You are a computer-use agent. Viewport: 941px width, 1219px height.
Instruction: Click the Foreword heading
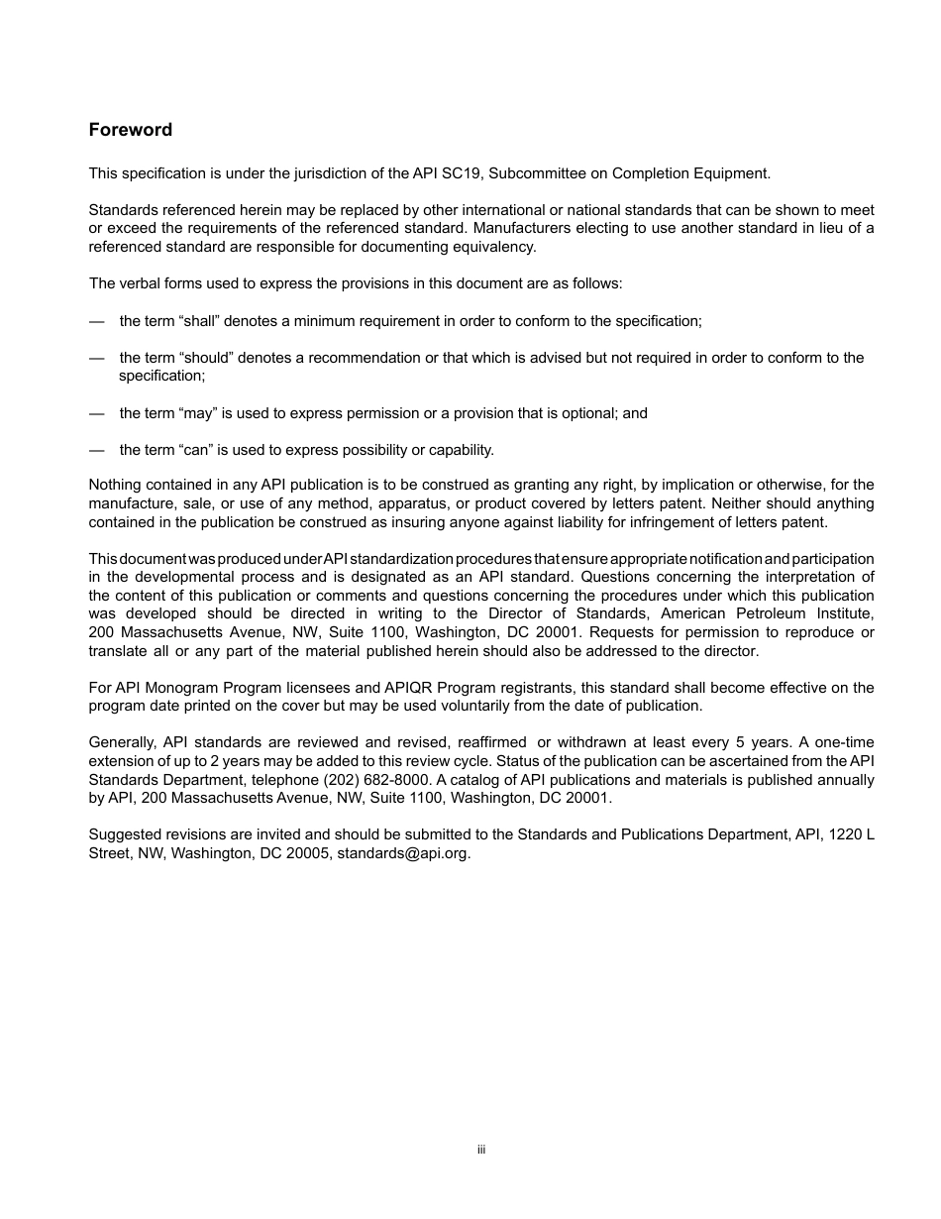point(131,130)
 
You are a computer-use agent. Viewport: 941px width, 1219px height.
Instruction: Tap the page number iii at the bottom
point(480,1150)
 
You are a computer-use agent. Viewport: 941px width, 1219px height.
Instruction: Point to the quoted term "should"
point(206,358)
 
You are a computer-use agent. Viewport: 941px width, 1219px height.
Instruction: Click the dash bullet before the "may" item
point(96,413)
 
